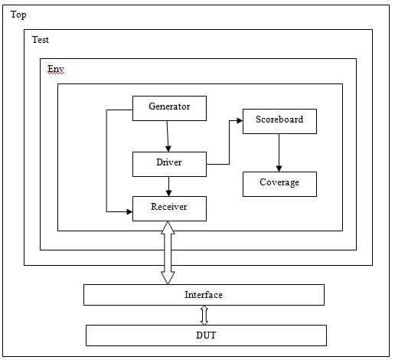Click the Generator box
point(169,107)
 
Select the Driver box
point(169,163)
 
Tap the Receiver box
point(169,208)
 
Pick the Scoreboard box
point(279,121)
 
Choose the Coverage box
point(279,183)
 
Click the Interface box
point(204,295)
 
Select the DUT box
point(205,335)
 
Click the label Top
point(18,15)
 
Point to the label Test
point(41,40)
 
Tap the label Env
point(56,69)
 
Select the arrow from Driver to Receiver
point(168,185)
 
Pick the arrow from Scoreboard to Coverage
point(279,152)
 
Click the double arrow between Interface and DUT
point(204,315)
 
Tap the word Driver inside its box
point(169,163)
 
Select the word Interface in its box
point(204,295)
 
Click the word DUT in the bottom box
point(205,335)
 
